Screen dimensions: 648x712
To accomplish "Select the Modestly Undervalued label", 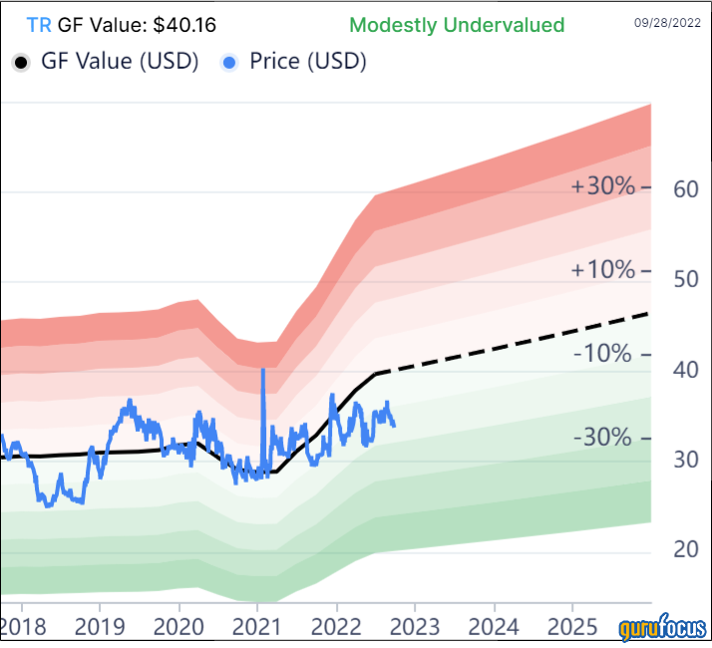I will click(x=458, y=25).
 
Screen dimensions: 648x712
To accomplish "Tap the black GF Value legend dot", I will click(x=20, y=62).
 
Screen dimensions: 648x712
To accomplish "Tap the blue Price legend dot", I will click(x=230, y=62).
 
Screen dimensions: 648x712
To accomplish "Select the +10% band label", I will click(x=602, y=270).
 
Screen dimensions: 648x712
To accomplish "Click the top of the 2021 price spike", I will click(x=262, y=370).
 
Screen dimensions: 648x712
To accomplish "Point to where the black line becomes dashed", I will click(x=376, y=373).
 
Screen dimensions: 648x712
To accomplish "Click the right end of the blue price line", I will click(x=394, y=426).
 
